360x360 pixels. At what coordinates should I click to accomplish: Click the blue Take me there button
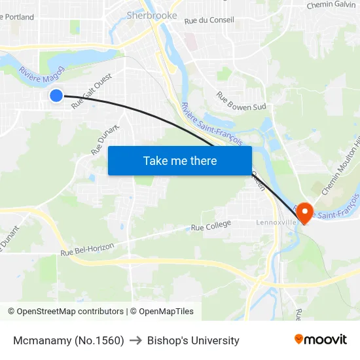point(179,160)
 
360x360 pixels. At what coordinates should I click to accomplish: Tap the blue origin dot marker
point(56,96)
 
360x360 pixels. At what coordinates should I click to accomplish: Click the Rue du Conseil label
point(209,21)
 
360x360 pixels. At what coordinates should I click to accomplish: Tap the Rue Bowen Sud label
point(241,101)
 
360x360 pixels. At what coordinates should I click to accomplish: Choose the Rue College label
point(211,226)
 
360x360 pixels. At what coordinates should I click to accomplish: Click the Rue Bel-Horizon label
point(87,248)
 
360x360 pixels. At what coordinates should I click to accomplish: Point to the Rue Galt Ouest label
point(92,90)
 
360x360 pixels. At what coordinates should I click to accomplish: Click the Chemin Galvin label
point(331,5)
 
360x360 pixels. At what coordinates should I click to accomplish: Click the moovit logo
point(321,339)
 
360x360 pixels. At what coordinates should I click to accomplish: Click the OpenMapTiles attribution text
point(166,312)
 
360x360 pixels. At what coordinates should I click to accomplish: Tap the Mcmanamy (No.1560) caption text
point(68,340)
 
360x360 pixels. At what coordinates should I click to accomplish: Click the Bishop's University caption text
point(193,340)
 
